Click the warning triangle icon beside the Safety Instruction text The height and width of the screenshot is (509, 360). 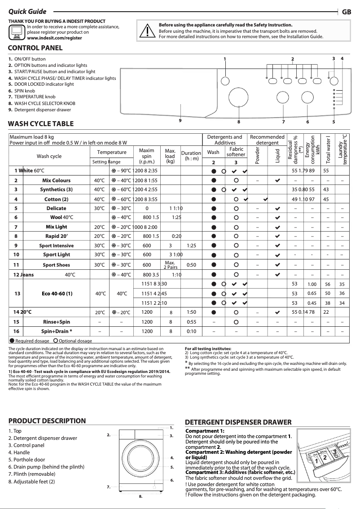coord(147,30)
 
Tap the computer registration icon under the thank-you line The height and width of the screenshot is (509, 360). coord(17,32)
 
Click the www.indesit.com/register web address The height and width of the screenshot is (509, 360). coord(54,39)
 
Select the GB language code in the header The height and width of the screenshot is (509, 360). coord(347,12)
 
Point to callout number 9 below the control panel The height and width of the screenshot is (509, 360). coord(180,120)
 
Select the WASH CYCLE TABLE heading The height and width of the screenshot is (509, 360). coord(41,124)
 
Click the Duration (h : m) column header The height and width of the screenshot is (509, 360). coord(191,156)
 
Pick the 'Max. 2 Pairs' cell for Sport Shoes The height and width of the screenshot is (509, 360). coord(170,265)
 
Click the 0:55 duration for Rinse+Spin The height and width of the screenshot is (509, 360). coord(191,322)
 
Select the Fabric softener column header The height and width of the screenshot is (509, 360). coord(236,152)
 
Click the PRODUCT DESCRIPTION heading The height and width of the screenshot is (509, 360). coord(47,421)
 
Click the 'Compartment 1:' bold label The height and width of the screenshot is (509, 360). coord(205,431)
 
